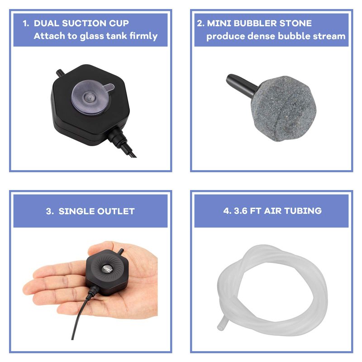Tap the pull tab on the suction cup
pyautogui.click(x=109, y=87)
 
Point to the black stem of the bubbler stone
pyautogui.click(x=241, y=85)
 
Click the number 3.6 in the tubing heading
pyautogui.click(x=240, y=211)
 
